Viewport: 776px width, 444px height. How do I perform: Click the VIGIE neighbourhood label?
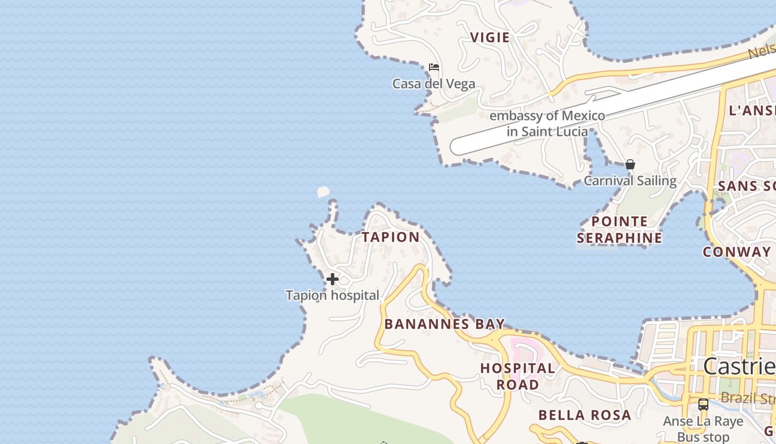tap(489, 37)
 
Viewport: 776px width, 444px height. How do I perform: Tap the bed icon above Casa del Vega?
tap(434, 67)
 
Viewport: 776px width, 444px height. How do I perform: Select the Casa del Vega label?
tap(433, 84)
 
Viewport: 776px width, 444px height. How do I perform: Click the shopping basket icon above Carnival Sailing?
tap(630, 164)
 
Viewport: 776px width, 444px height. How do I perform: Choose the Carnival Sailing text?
tap(630, 181)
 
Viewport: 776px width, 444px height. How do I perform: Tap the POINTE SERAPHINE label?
tap(619, 230)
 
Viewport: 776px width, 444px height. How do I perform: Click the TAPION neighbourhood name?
tap(391, 237)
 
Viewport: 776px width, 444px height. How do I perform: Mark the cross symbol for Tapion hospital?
tap(332, 279)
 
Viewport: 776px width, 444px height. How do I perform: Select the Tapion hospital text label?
tap(333, 295)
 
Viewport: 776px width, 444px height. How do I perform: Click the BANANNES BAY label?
tap(445, 324)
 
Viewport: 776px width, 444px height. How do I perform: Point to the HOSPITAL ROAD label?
tap(517, 376)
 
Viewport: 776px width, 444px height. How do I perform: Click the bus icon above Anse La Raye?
tap(703, 405)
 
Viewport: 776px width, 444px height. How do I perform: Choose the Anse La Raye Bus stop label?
tap(703, 429)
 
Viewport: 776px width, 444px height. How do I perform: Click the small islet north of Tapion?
tap(323, 192)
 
